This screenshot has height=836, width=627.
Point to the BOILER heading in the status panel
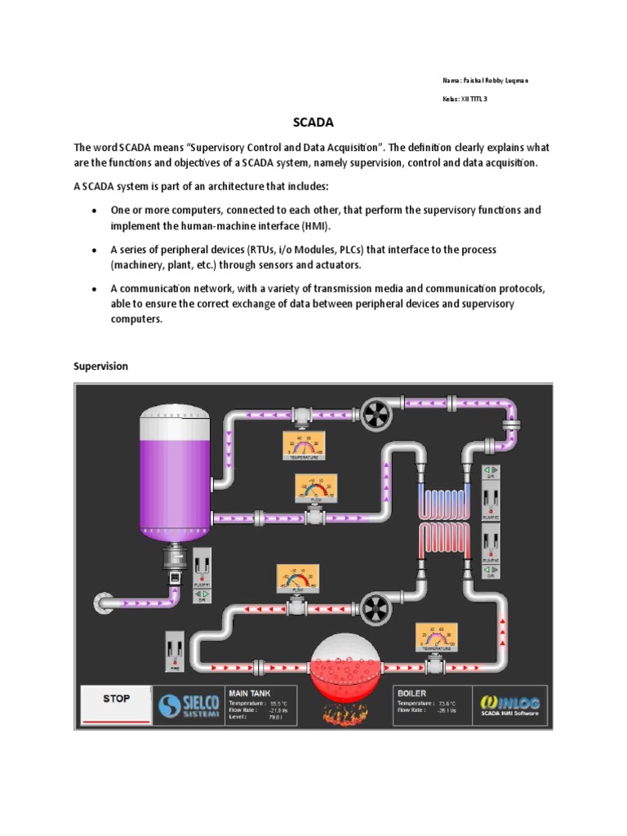point(411,693)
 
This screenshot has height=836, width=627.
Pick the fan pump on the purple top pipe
point(378,414)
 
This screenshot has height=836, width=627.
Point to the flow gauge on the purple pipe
point(315,489)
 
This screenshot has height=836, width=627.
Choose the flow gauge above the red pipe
point(296,579)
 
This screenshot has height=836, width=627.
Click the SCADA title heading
point(313,123)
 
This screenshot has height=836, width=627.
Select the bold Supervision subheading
point(101,367)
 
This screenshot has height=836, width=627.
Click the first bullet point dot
point(96,211)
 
